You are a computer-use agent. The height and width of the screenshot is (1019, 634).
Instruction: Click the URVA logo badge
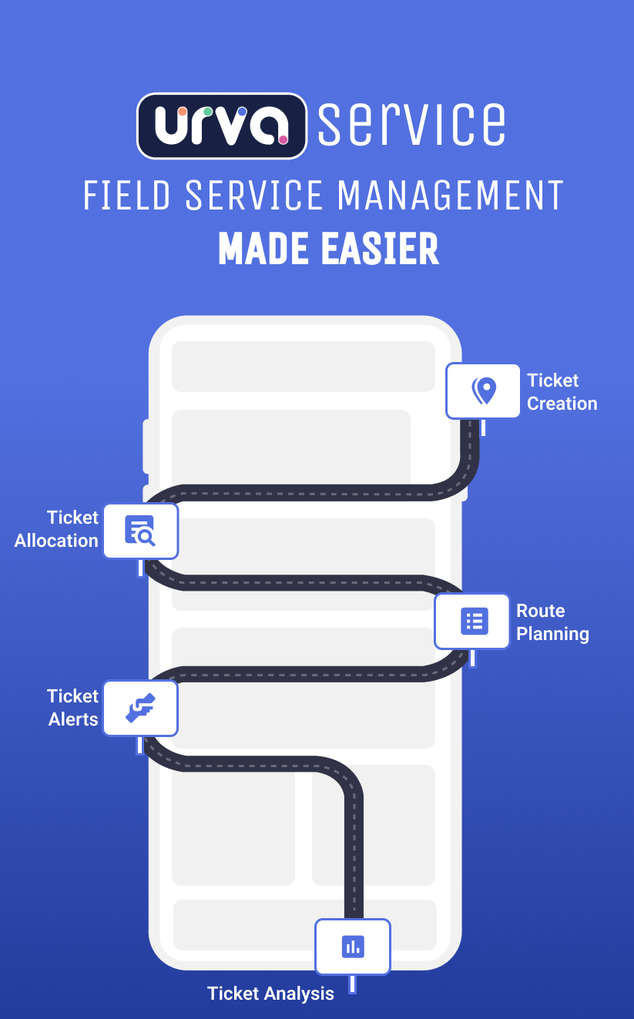click(x=222, y=126)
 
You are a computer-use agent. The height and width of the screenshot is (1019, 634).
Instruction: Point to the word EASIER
click(x=376, y=249)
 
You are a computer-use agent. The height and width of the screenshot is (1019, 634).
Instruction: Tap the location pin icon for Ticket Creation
click(x=484, y=391)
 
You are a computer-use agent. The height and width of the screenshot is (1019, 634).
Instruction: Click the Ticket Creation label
click(x=562, y=392)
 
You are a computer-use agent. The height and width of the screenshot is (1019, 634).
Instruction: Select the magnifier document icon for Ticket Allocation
click(x=140, y=531)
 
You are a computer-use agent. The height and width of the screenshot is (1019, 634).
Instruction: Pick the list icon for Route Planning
click(x=474, y=621)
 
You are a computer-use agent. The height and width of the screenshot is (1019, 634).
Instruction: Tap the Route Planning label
click(x=552, y=622)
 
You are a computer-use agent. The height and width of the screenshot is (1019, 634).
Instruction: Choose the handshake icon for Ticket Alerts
click(x=140, y=708)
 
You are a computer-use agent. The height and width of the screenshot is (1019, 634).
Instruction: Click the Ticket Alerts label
click(x=73, y=708)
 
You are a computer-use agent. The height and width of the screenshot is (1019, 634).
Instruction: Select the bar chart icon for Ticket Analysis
click(x=353, y=947)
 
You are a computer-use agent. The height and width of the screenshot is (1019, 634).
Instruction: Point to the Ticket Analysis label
click(x=270, y=994)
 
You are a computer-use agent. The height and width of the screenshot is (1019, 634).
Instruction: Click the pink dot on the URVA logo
click(x=283, y=140)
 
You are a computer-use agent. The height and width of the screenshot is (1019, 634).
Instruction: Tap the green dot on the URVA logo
click(x=208, y=112)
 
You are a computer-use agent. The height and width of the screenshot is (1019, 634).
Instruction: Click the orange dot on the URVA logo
click(x=183, y=112)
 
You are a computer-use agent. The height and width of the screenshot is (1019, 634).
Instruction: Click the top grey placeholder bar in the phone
click(x=304, y=366)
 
